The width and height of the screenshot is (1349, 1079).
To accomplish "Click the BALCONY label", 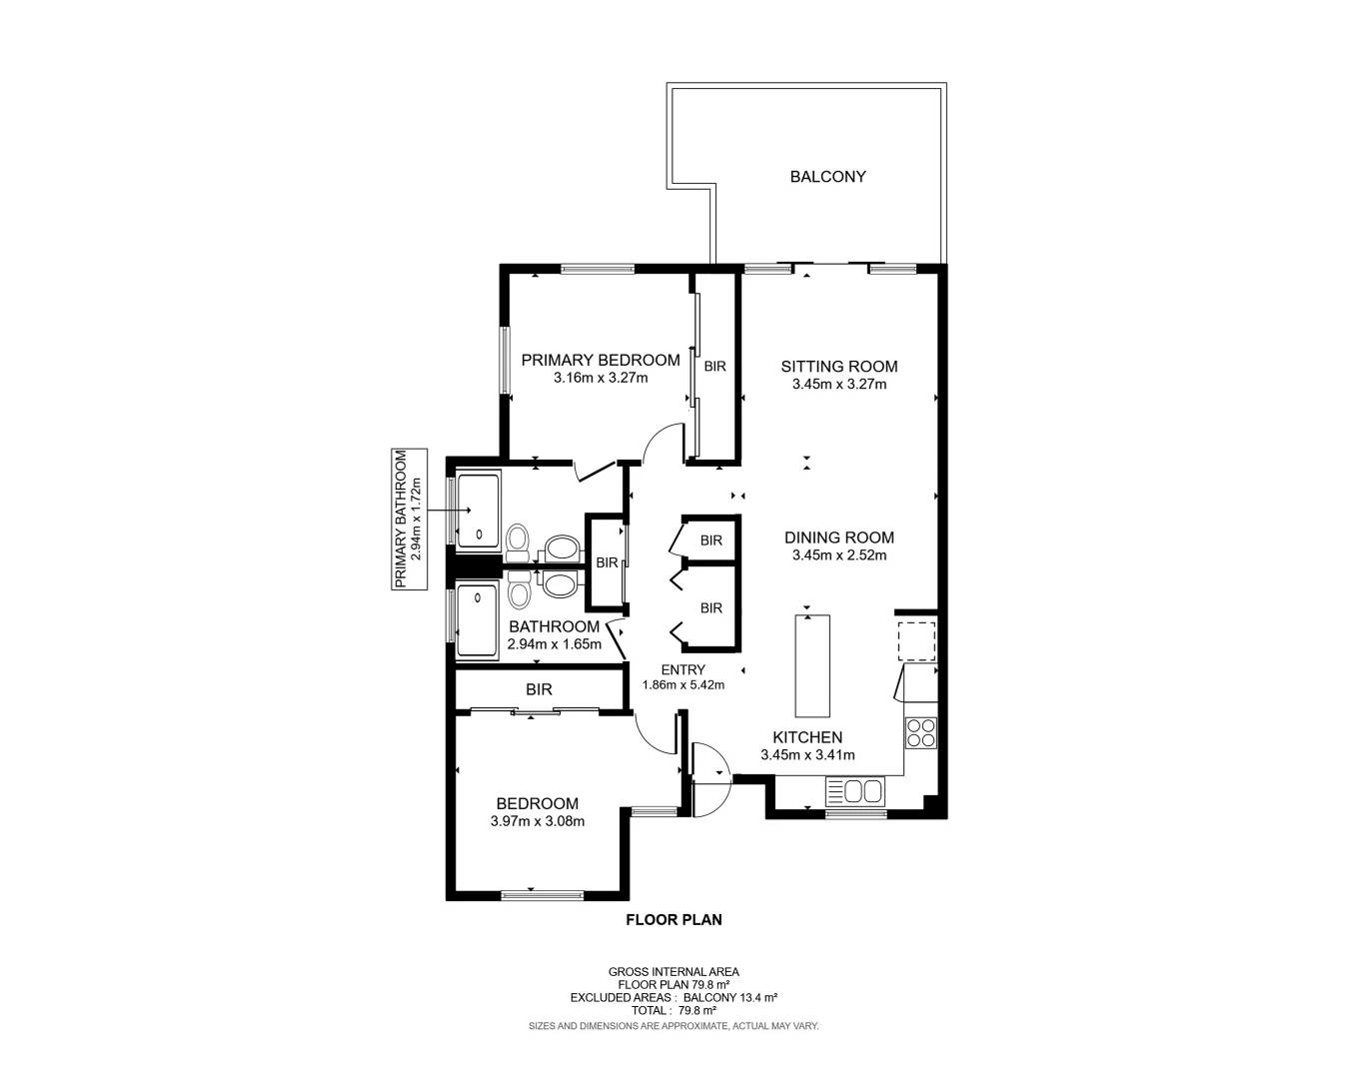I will (827, 177).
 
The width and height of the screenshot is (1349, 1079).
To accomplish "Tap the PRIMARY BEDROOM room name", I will (600, 360).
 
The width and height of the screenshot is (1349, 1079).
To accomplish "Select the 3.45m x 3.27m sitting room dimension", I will (839, 384).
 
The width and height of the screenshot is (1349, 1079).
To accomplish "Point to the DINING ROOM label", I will (839, 538).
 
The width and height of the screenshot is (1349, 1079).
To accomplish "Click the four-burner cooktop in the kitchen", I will (920, 733).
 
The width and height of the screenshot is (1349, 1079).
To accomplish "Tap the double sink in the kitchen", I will (855, 792).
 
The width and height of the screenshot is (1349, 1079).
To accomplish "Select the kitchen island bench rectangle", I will (812, 665).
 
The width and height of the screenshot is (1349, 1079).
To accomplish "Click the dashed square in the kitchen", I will (916, 640).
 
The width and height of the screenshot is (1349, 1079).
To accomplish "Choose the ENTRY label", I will (682, 669).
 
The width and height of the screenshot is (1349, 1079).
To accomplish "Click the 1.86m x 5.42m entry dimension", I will (682, 685).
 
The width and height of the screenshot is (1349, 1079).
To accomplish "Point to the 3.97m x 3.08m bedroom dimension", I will (538, 821).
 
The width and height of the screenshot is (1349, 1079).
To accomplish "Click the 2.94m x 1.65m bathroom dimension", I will (555, 644).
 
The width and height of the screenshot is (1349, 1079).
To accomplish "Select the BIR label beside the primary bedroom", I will (714, 367).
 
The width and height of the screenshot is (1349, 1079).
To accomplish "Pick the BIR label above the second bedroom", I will (539, 689).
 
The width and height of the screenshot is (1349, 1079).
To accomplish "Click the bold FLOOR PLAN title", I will (674, 920).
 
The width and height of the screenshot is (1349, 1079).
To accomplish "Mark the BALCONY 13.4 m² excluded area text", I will (730, 997).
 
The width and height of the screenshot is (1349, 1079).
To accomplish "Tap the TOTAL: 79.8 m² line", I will (674, 1010).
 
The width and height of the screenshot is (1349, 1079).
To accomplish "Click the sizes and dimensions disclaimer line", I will (674, 1026).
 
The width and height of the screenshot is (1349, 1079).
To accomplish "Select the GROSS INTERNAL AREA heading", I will (674, 971).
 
